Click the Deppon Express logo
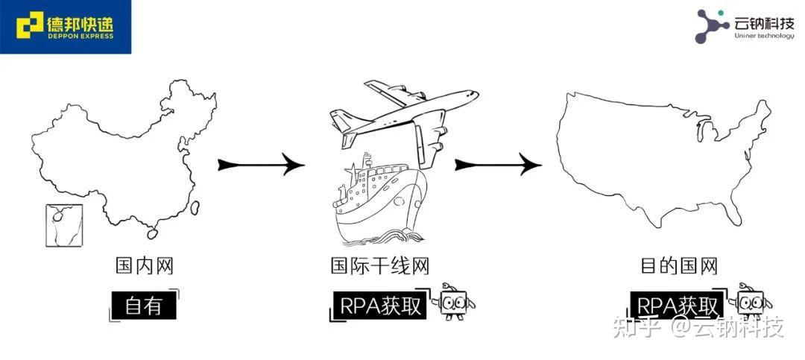66,27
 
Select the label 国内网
144,265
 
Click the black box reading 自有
144,305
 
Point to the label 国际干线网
380,265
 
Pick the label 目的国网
678,265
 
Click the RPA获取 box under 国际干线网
380,305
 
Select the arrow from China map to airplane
261,165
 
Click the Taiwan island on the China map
196,208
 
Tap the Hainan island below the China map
152,233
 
